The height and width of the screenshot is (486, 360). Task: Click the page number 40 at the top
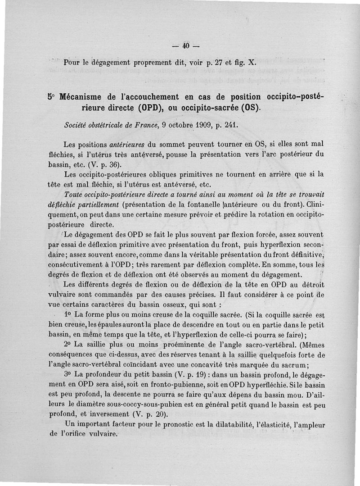point(185,45)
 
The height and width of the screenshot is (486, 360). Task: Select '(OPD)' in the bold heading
point(153,109)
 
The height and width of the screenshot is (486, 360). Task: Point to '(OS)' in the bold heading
point(250,109)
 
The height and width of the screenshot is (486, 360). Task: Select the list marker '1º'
point(68,315)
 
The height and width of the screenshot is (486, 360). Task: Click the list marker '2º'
point(68,345)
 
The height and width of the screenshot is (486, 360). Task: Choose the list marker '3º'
point(68,375)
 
